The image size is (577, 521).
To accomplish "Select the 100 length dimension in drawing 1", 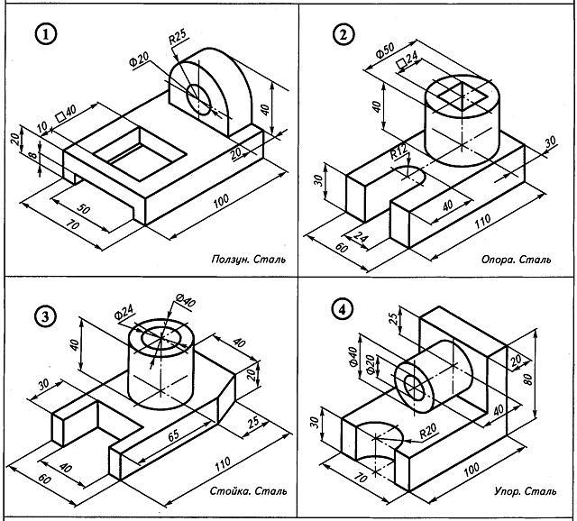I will pos(219,204).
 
